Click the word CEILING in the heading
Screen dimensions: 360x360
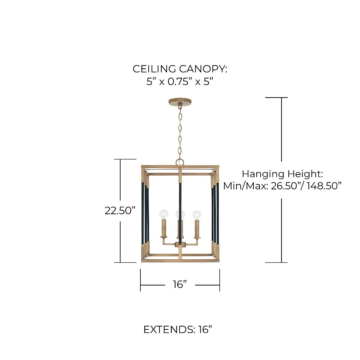coord(155,69)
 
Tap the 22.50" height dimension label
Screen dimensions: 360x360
coord(120,211)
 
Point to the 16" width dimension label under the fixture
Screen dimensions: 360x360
coord(180,284)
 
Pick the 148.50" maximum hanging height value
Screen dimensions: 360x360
coord(324,186)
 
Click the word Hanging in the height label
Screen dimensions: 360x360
coord(264,174)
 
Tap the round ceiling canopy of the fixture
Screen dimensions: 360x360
coord(180,102)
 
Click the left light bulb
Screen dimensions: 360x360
coord(164,215)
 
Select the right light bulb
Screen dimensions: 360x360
coord(197,215)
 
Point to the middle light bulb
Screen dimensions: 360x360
coord(180,215)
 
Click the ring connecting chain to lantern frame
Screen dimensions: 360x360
coord(180,162)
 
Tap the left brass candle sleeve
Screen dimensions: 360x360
coord(164,229)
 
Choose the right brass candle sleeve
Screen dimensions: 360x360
coord(197,229)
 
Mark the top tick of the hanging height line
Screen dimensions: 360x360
coord(276,98)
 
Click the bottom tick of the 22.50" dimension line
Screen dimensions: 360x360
coord(125,262)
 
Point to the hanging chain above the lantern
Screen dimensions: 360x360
coord(180,132)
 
